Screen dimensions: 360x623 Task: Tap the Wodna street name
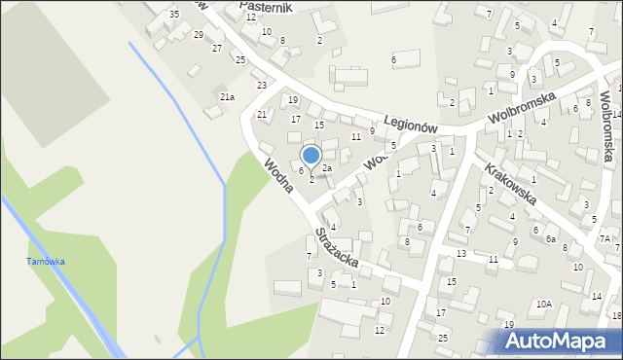(x=278, y=173)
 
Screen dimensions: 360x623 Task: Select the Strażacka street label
(x=336, y=249)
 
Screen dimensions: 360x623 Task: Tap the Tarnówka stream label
(x=45, y=262)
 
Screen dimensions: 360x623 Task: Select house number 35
(x=173, y=14)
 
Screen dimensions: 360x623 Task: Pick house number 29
(x=199, y=35)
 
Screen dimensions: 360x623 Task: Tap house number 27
(x=217, y=48)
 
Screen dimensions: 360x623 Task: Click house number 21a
(x=227, y=96)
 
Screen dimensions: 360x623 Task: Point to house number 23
(x=261, y=86)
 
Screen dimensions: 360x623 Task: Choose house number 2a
(x=328, y=168)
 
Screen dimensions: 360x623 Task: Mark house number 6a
(x=550, y=239)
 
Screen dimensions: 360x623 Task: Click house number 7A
(x=605, y=238)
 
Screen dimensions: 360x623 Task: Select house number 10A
(x=543, y=304)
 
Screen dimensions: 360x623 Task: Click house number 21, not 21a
(x=261, y=115)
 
